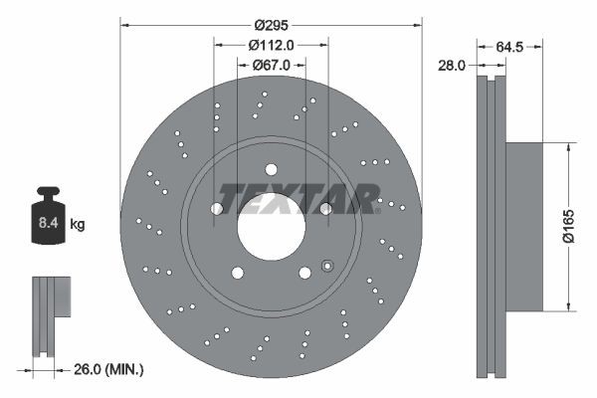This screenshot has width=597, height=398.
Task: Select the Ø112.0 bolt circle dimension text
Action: (x=271, y=44)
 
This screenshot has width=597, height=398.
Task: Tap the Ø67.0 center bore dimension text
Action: (x=271, y=65)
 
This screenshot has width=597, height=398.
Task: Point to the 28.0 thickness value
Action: (x=453, y=65)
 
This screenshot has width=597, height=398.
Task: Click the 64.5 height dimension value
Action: (x=509, y=45)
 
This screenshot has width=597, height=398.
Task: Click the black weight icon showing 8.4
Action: (x=47, y=212)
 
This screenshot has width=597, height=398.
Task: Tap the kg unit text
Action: (x=77, y=225)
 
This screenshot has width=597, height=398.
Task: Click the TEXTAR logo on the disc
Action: (x=298, y=199)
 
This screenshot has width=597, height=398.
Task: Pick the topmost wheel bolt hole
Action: (x=271, y=169)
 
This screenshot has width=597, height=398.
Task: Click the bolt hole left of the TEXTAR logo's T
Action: (x=217, y=208)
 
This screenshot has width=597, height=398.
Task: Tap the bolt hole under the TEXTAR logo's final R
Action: (x=325, y=208)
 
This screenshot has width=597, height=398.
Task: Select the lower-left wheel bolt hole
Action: (x=237, y=272)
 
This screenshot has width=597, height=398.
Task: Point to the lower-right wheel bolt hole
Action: (x=304, y=272)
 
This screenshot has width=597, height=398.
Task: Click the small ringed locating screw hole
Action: (x=326, y=265)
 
